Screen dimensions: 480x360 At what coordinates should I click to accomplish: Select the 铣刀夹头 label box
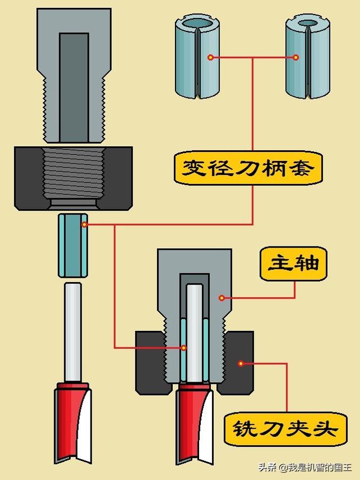point(286,430)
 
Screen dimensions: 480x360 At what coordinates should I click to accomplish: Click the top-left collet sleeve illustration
point(197,56)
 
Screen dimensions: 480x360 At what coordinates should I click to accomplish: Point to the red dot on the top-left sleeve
point(210,57)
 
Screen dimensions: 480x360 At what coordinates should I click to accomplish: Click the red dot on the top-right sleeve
point(296,57)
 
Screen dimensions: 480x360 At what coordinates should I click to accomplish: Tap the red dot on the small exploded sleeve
point(84,225)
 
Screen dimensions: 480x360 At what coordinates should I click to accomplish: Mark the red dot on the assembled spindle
point(222,298)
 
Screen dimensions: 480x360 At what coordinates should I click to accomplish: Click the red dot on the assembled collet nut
point(241,364)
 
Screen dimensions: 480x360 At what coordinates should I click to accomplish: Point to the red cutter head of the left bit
point(72,416)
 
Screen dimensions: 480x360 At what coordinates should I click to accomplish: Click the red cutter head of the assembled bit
point(194,422)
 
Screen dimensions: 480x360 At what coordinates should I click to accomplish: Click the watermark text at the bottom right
point(306,467)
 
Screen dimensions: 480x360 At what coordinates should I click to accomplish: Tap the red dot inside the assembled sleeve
point(183,348)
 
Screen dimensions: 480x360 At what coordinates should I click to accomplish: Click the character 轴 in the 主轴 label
point(307,264)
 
